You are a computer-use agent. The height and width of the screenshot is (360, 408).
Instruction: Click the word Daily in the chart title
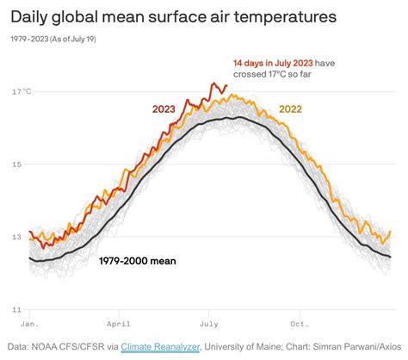(x=32, y=16)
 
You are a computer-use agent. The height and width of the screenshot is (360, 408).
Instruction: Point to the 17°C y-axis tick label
(x=22, y=92)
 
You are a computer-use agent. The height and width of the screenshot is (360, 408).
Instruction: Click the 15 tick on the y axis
(x=17, y=164)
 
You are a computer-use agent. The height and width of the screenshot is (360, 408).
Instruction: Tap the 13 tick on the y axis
(x=17, y=237)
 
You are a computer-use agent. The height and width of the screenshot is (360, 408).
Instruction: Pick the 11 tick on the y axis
(x=16, y=309)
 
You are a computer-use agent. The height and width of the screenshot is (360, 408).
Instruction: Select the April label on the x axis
(x=119, y=325)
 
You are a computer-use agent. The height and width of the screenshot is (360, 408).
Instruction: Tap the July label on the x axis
(x=207, y=325)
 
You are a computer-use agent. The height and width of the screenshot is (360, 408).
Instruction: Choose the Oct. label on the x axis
(x=299, y=325)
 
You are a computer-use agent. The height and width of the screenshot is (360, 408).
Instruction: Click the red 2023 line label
(x=165, y=109)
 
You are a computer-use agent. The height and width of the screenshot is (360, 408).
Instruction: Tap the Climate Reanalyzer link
(x=162, y=346)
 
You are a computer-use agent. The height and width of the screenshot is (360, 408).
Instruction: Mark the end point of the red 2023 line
(x=226, y=85)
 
